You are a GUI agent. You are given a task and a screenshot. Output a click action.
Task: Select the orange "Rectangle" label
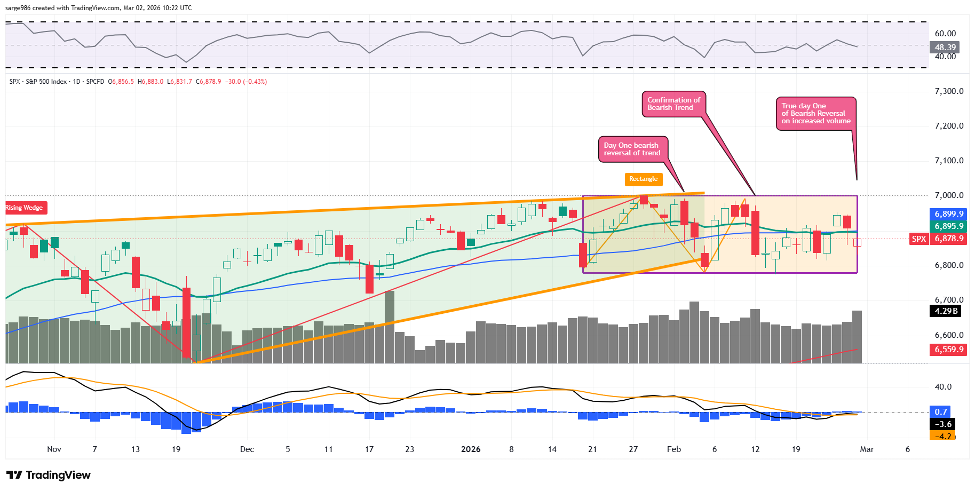coord(643,179)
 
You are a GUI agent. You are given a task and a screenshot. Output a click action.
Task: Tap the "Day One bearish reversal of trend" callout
coord(632,149)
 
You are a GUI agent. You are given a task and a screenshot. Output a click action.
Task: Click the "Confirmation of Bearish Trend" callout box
coord(673,104)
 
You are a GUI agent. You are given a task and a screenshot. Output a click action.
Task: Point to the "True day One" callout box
coord(815,113)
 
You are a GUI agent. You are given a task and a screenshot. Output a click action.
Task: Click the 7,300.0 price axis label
coord(949,91)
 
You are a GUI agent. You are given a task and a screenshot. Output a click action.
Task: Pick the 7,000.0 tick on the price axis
coord(949,195)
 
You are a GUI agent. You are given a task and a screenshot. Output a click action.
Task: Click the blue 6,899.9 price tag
coord(949,214)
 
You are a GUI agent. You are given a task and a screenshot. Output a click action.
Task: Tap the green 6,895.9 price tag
coord(949,226)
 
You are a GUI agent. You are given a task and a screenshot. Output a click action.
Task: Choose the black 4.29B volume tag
coord(946,311)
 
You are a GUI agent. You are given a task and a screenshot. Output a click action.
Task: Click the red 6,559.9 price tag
coord(949,350)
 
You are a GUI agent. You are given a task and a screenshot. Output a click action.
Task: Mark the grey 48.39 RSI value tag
coord(945,47)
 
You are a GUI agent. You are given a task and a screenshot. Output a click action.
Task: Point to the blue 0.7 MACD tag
coord(941,411)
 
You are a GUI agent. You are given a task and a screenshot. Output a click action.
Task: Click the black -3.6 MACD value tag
coord(944,424)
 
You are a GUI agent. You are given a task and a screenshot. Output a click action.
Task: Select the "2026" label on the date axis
coord(471,449)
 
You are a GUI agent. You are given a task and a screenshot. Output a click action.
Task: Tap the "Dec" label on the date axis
coord(247,449)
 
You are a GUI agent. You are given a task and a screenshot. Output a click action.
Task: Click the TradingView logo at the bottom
coord(49,475)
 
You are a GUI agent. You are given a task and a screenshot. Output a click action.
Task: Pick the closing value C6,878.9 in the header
coord(208,82)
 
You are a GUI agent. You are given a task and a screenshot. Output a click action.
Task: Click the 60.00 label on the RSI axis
coord(945,34)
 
